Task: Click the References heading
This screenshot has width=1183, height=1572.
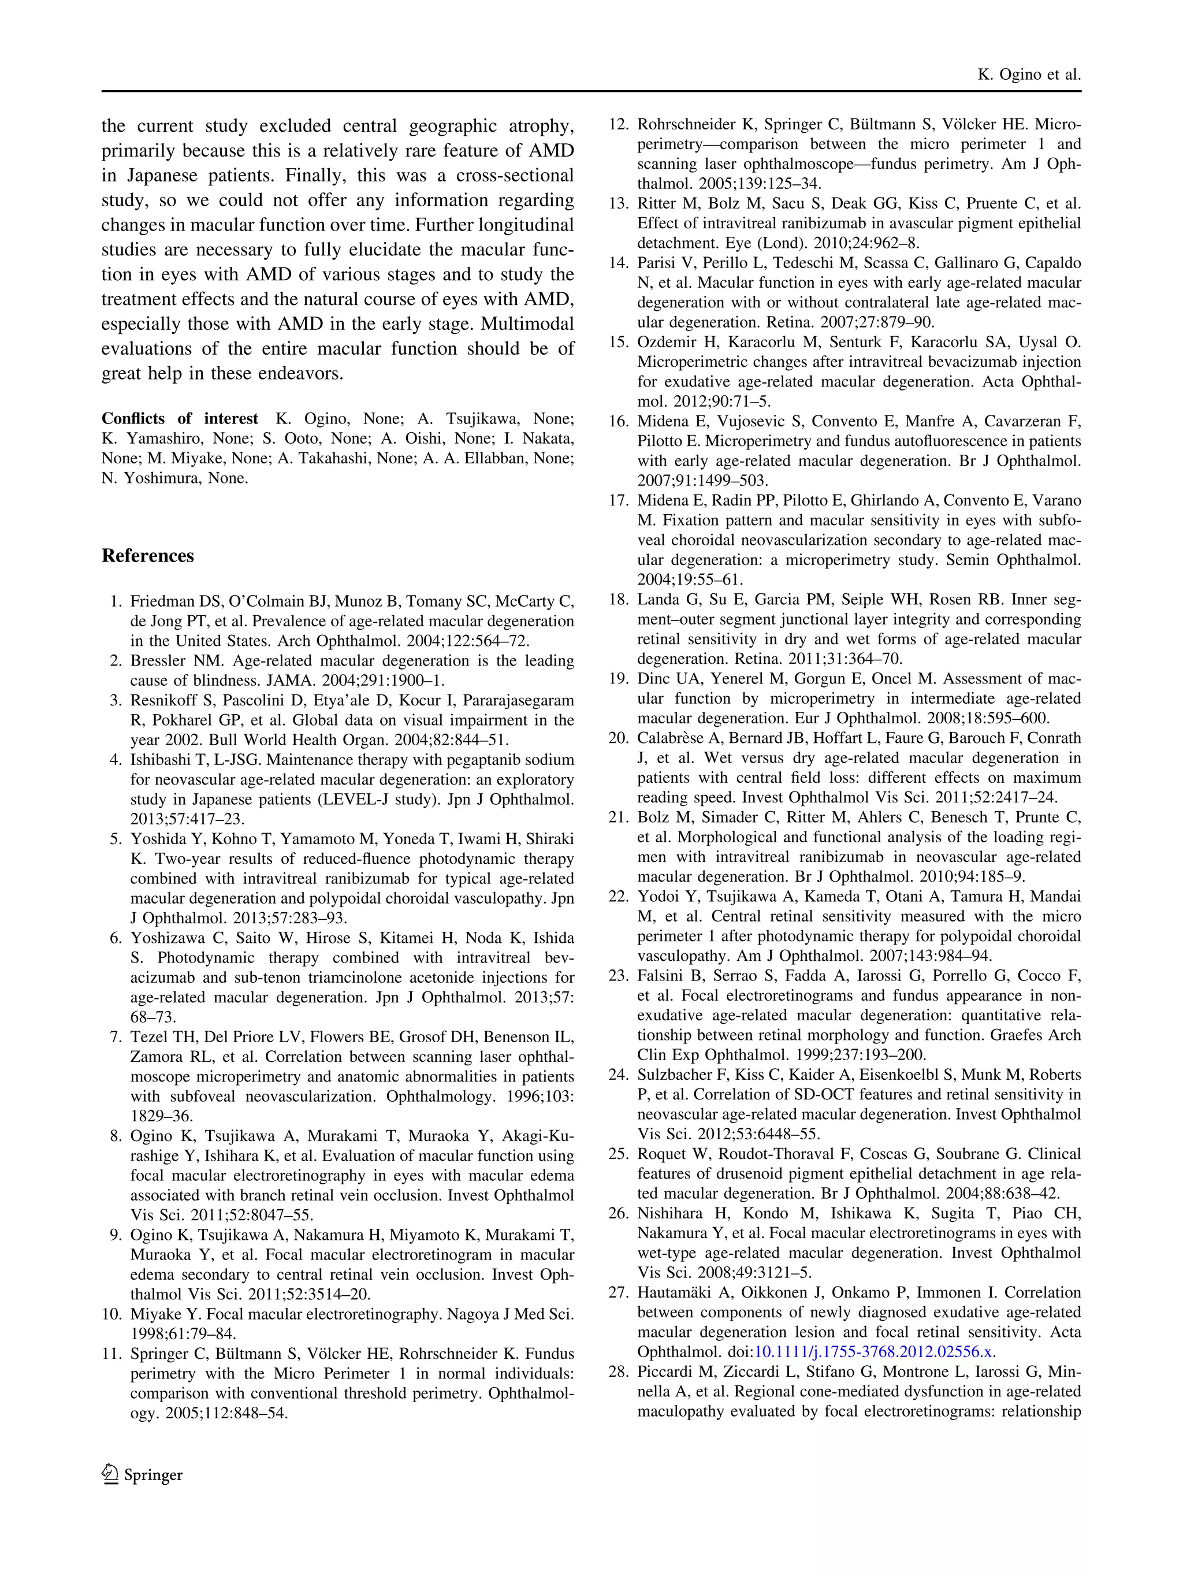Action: [147, 556]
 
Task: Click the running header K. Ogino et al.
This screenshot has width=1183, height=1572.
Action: [1029, 75]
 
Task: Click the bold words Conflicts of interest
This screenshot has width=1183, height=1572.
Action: [179, 419]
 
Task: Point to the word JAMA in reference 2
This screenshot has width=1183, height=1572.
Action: [287, 680]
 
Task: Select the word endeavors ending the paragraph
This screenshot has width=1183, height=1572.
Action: [303, 374]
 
